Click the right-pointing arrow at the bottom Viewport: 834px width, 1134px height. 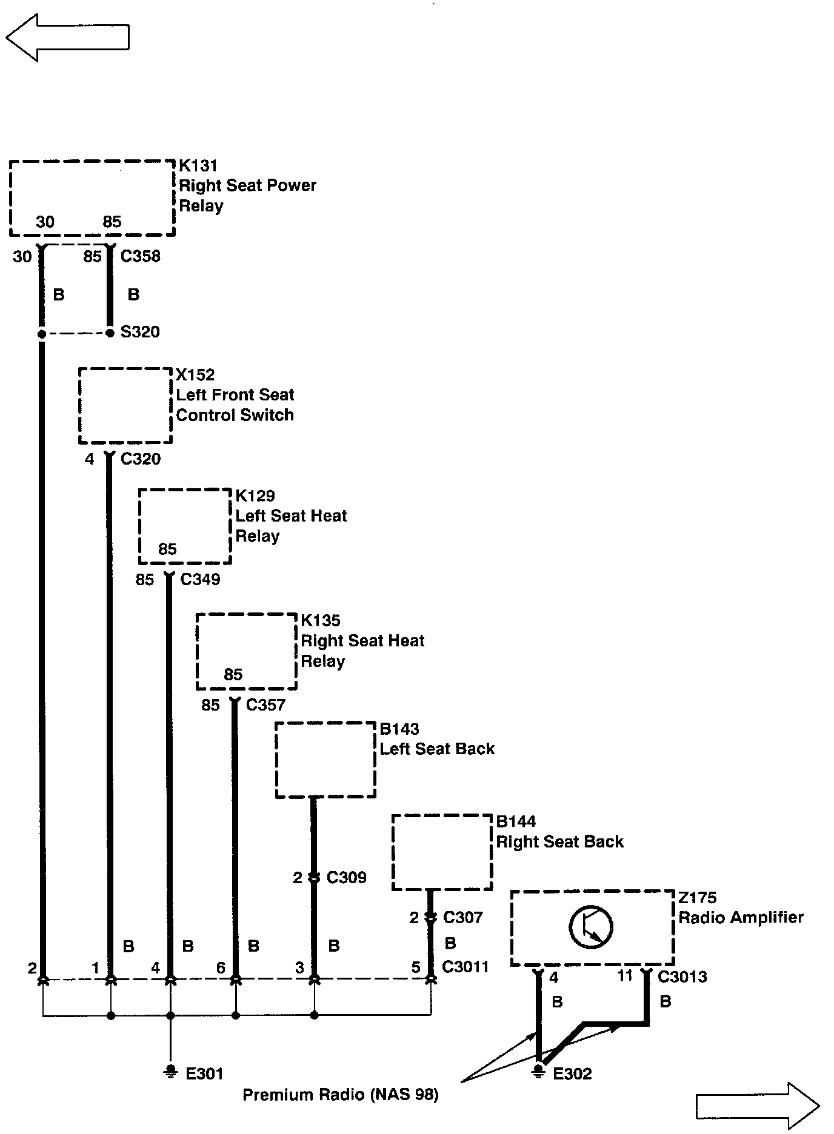click(x=758, y=1106)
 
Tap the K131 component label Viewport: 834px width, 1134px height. click(x=198, y=166)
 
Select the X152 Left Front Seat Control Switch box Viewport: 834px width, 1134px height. click(x=125, y=406)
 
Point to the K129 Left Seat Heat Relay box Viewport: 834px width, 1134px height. click(x=185, y=526)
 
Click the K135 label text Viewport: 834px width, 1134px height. click(x=321, y=621)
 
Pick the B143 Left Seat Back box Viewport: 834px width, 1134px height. click(x=325, y=760)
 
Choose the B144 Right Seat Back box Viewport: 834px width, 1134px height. click(x=442, y=852)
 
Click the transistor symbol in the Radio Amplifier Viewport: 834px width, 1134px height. click(x=591, y=927)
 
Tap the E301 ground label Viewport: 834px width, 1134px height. click(x=204, y=1074)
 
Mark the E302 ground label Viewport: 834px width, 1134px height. click(x=572, y=1074)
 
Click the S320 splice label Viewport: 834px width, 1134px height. click(x=140, y=332)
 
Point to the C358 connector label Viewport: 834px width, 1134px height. click(x=141, y=256)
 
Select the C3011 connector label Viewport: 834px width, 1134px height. click(x=465, y=967)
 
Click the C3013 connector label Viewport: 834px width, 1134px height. click(x=682, y=976)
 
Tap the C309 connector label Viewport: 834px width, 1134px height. click(x=346, y=878)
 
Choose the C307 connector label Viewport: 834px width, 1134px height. click(x=462, y=918)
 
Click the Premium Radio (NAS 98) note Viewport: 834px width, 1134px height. click(x=340, y=1095)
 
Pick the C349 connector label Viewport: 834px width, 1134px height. click(x=200, y=580)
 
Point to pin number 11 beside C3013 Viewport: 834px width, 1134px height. click(x=625, y=976)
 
